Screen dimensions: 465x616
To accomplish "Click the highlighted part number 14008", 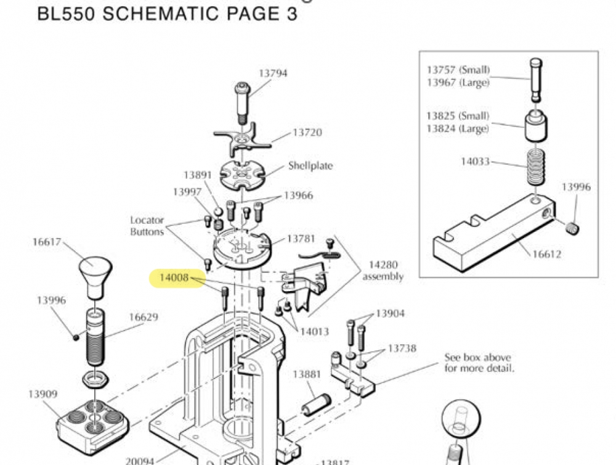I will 174,278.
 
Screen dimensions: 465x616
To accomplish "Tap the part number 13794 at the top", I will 273,73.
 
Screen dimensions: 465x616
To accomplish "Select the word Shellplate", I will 310,166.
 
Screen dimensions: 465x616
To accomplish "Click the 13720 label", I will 307,133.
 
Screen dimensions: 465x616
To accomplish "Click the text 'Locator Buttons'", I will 147,226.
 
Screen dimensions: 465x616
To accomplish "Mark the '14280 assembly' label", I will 383,271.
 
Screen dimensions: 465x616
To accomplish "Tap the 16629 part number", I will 143,318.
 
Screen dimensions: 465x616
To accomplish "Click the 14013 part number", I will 314,332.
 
